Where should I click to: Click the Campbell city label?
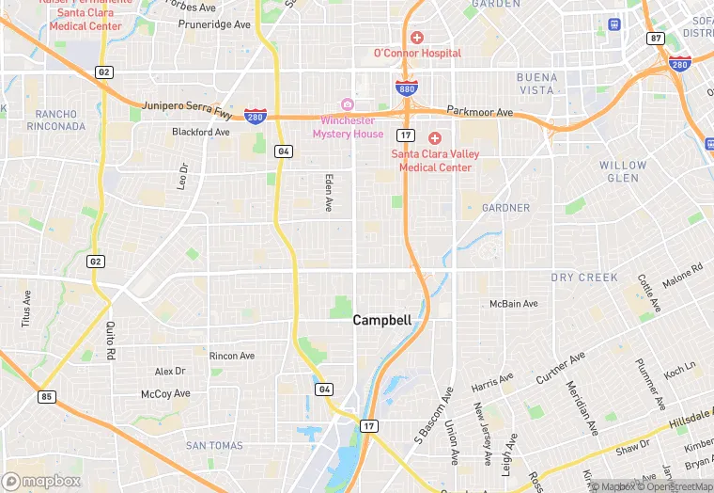pyautogui.click(x=381, y=320)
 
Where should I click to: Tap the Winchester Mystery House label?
pyautogui.click(x=348, y=127)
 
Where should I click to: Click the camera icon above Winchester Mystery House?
pyautogui.click(x=347, y=104)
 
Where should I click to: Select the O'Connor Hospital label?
pyautogui.click(x=417, y=53)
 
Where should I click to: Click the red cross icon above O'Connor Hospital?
pyautogui.click(x=416, y=38)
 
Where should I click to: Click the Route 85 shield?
pyautogui.click(x=46, y=397)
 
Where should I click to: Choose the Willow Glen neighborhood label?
pyautogui.click(x=624, y=171)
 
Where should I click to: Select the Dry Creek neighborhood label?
pyautogui.click(x=584, y=278)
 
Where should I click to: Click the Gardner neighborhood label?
pyautogui.click(x=505, y=207)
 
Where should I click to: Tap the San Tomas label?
pyautogui.click(x=213, y=445)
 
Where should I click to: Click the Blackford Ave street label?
pyautogui.click(x=201, y=133)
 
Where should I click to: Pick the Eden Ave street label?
pyautogui.click(x=329, y=191)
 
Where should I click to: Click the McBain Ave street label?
pyautogui.click(x=514, y=304)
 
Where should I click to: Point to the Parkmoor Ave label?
pyautogui.click(x=480, y=112)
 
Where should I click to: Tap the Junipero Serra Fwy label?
pyautogui.click(x=187, y=108)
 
